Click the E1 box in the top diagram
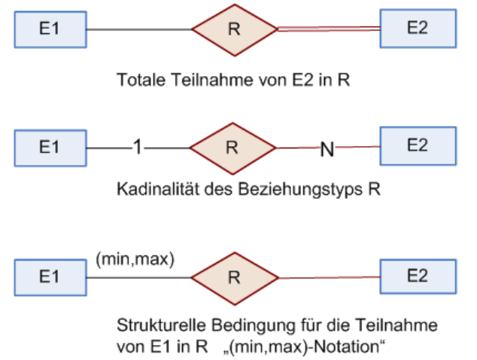pyautogui.click(x=50, y=29)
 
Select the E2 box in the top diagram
pyautogui.click(x=418, y=29)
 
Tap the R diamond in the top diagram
pyautogui.click(x=235, y=30)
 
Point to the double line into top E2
pyautogui.click(x=329, y=29)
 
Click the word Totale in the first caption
pyautogui.click(x=141, y=80)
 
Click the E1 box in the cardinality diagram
pyautogui.click(x=50, y=148)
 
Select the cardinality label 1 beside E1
pyautogui.click(x=138, y=147)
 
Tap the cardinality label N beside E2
pyautogui.click(x=327, y=149)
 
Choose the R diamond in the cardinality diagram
pyautogui.click(x=232, y=148)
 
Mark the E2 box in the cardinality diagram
pyautogui.click(x=418, y=146)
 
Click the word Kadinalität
pyautogui.click(x=158, y=189)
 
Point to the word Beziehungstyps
pyautogui.click(x=300, y=190)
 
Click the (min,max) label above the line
pyautogui.click(x=135, y=260)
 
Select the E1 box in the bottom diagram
pyautogui.click(x=50, y=277)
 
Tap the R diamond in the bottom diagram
pyautogui.click(x=235, y=279)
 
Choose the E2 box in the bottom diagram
pyautogui.click(x=418, y=276)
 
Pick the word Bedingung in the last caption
pyautogui.click(x=254, y=326)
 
